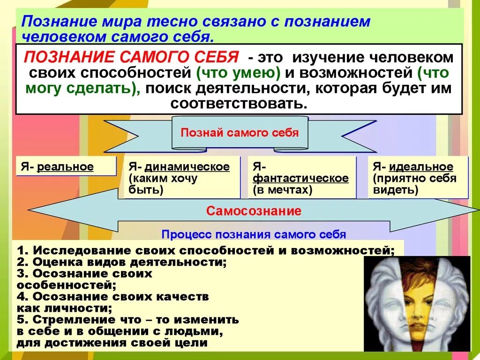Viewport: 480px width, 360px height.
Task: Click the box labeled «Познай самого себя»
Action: (x=240, y=133)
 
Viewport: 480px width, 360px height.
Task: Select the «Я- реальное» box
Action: (x=65, y=166)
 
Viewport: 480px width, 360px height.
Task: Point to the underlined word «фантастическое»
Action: (x=300, y=179)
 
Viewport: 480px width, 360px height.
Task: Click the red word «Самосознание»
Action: (x=254, y=211)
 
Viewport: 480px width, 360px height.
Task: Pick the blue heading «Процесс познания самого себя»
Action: (x=254, y=234)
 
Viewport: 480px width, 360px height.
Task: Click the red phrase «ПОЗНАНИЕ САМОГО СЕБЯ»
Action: (x=131, y=58)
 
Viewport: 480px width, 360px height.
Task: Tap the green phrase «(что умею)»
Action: (x=232, y=73)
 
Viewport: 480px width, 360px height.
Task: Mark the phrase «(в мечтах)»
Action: (x=283, y=190)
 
